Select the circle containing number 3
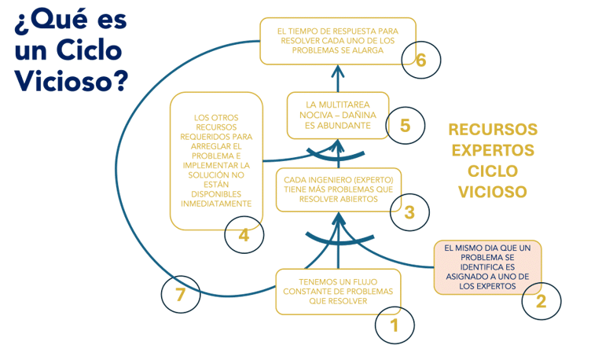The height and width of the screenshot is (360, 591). [x=408, y=211]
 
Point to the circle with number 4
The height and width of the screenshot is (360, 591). [x=244, y=234]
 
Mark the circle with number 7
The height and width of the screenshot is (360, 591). [x=180, y=295]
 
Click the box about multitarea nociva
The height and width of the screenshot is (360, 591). [x=338, y=115]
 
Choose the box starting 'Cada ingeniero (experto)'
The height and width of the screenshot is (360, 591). [x=339, y=189]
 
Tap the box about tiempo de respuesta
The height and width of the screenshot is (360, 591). [x=338, y=41]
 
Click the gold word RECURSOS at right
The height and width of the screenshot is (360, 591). [x=493, y=130]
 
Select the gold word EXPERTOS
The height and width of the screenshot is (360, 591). [x=493, y=150]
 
